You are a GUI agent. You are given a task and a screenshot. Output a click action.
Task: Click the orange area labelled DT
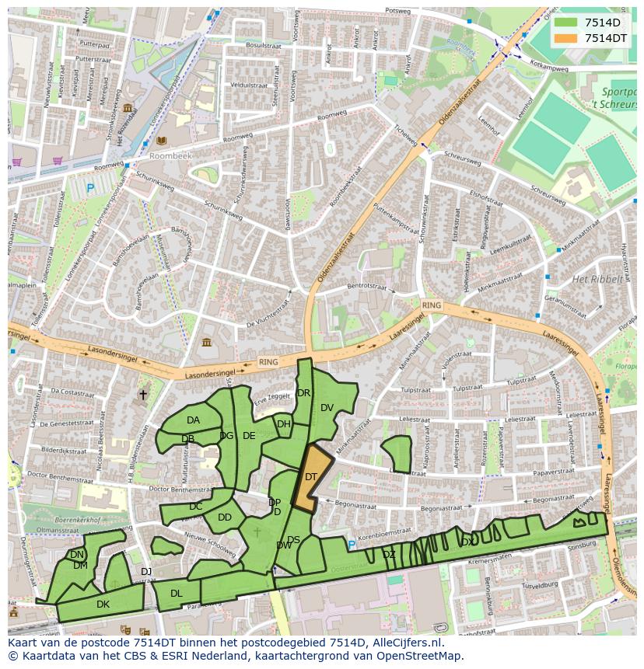pyautogui.click(x=310, y=477)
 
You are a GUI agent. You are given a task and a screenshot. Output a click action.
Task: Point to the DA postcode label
pyautogui.click(x=193, y=420)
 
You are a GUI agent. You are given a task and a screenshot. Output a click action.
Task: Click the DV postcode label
pyautogui.click(x=327, y=408)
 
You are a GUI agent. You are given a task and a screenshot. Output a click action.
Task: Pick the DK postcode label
pyautogui.click(x=103, y=604)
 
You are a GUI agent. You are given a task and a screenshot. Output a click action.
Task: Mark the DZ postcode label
pyautogui.click(x=389, y=554)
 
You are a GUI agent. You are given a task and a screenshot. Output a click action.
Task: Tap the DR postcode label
pyautogui.click(x=303, y=393)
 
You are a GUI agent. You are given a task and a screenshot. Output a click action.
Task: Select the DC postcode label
pyautogui.click(x=195, y=507)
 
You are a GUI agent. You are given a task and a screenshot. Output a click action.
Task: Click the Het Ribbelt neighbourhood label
pyautogui.click(x=597, y=279)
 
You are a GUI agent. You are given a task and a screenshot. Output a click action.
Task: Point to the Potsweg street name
pyautogui.click(x=397, y=12)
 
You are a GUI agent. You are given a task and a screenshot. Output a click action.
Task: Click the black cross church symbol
pyautogui.click(x=142, y=395)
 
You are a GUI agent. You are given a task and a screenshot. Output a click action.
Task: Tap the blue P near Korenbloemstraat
pyautogui.click(x=351, y=545)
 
